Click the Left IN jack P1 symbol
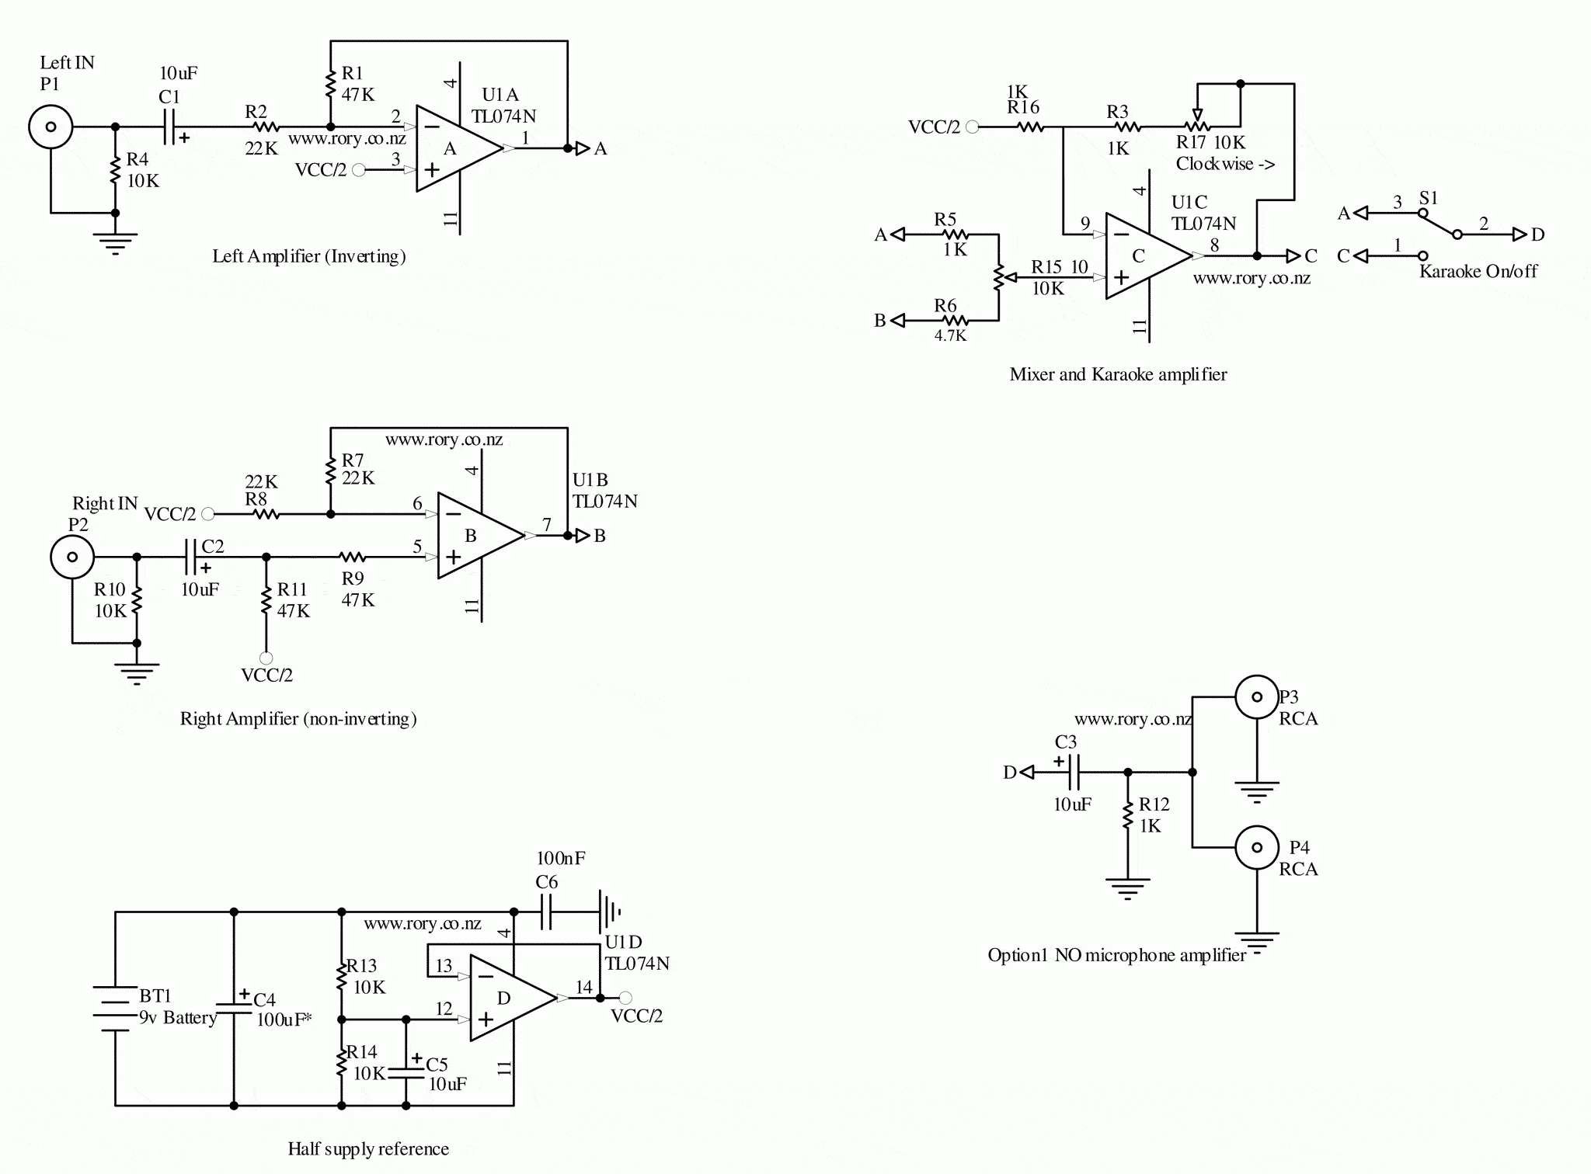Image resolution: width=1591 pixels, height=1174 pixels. (x=50, y=126)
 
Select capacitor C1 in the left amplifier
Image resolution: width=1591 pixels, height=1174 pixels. (x=170, y=126)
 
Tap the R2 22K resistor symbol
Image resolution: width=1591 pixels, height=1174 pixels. (x=266, y=126)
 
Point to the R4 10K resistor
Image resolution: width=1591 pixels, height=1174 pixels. (x=115, y=169)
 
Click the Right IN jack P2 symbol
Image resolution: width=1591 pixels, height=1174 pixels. (x=72, y=556)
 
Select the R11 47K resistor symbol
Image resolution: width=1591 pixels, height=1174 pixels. (x=266, y=599)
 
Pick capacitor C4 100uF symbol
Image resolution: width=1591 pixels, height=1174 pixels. (x=234, y=1007)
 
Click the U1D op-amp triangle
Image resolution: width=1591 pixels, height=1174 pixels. (x=509, y=998)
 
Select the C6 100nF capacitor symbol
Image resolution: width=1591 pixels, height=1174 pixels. (x=545, y=912)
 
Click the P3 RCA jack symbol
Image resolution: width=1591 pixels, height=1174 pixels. (x=1256, y=697)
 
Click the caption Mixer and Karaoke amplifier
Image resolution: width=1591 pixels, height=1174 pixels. (x=1118, y=374)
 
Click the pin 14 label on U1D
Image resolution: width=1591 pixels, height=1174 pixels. (x=583, y=987)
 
